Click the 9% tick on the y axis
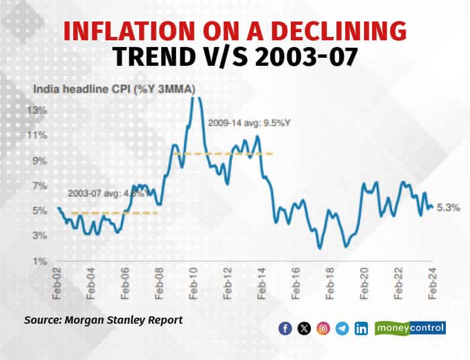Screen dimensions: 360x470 [39, 161]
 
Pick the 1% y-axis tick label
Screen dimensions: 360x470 [39, 261]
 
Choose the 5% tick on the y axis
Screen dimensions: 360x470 [39, 210]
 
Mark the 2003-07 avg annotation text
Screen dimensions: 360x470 [103, 193]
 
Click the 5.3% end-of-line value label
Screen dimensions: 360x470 [449, 208]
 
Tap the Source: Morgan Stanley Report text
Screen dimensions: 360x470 [103, 320]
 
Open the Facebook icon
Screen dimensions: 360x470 [285, 328]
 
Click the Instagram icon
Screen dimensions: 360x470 [324, 328]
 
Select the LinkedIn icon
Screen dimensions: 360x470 [362, 328]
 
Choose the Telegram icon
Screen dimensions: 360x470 [343, 328]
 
